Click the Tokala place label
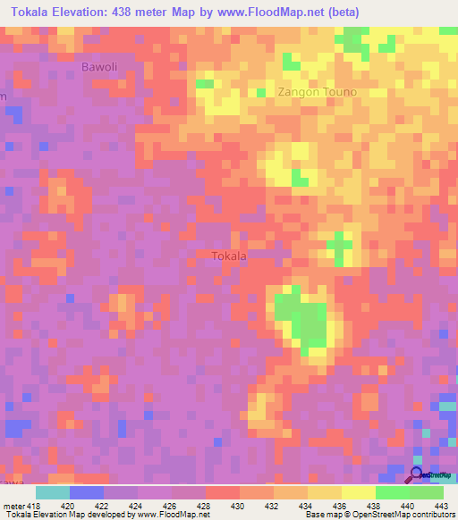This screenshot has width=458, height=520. (x=229, y=256)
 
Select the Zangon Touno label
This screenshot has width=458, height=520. (x=317, y=92)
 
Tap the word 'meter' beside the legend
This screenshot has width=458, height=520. (x=14, y=505)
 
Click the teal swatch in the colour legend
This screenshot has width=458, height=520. (x=53, y=492)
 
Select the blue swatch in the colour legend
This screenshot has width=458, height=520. (x=87, y=492)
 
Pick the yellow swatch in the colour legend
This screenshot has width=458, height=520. (x=359, y=492)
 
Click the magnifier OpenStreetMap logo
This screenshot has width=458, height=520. (x=417, y=475)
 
